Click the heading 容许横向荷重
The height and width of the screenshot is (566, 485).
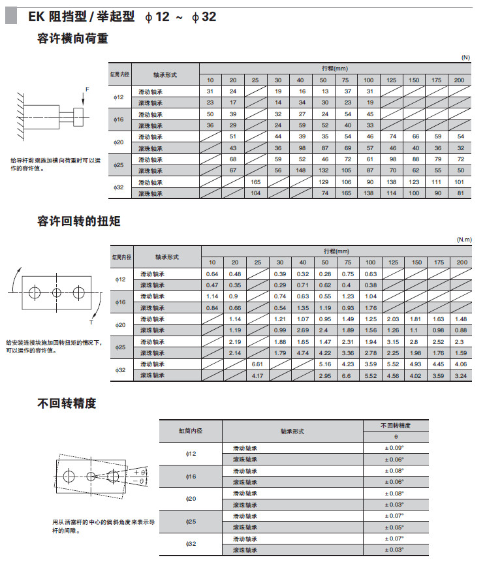[72, 39]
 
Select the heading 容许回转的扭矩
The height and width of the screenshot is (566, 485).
[78, 221]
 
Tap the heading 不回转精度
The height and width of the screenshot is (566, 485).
[67, 403]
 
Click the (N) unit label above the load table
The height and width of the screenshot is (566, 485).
[465, 57]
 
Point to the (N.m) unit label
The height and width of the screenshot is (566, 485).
[463, 240]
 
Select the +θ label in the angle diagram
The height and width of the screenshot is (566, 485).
[138, 471]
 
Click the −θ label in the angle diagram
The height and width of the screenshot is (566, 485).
[138, 482]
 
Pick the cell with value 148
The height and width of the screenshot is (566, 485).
[301, 170]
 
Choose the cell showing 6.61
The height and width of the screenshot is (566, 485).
[256, 364]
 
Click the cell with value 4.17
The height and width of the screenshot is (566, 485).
[256, 375]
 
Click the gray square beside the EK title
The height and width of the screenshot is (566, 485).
[11, 16]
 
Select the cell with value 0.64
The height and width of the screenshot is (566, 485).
[211, 274]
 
